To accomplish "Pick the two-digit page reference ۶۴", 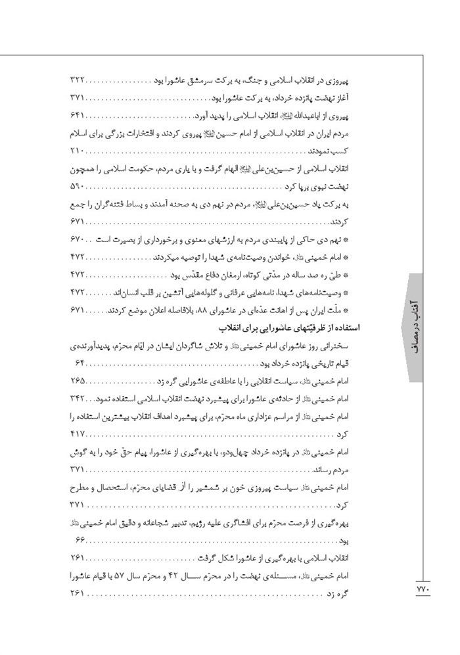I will coord(77,364).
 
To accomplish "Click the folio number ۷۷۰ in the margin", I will coord(423,590).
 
